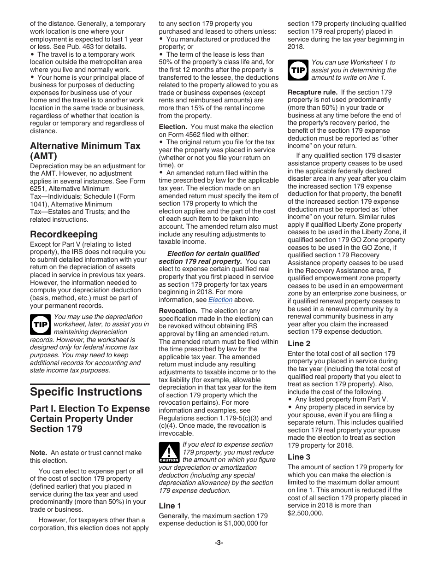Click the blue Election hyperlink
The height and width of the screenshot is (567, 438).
click(220, 300)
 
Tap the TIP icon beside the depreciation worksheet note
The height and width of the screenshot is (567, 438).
click(41, 325)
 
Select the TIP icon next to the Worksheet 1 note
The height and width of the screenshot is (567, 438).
click(298, 70)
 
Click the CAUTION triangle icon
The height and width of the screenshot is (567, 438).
click(169, 452)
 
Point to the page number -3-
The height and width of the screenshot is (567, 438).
click(219, 543)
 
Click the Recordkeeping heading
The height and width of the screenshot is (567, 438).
click(64, 234)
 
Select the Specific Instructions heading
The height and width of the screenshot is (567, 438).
click(86, 392)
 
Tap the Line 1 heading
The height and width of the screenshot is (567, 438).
click(170, 506)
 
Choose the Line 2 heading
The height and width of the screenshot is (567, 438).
click(299, 343)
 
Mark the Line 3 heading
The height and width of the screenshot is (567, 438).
click(299, 457)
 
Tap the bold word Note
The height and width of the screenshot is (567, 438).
click(39, 453)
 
